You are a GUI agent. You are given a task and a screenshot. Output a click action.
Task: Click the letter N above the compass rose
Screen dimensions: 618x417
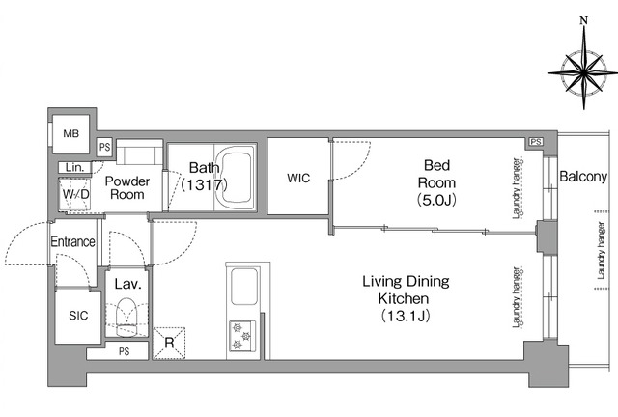click(584, 21)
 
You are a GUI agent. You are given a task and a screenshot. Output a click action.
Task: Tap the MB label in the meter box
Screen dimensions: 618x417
click(70, 134)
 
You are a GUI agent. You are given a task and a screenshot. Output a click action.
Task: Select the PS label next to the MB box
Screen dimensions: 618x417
click(105, 147)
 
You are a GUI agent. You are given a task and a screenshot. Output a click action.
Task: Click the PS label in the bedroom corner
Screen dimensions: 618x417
click(535, 142)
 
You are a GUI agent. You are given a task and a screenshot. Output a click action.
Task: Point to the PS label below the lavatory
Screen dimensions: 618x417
click(125, 351)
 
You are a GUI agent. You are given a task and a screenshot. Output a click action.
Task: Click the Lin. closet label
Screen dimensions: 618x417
click(75, 167)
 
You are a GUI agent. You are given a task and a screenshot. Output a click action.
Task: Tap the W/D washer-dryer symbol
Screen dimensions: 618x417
click(75, 194)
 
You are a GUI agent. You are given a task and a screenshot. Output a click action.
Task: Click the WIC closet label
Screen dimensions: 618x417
click(298, 178)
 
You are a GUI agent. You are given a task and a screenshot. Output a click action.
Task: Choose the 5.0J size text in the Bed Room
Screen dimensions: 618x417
click(436, 201)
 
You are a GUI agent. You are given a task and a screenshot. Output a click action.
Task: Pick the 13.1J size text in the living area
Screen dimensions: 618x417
click(406, 316)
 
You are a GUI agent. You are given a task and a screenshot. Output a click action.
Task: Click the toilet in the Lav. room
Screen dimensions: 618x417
click(126, 317)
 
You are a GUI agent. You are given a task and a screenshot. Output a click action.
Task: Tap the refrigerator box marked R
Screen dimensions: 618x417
click(169, 343)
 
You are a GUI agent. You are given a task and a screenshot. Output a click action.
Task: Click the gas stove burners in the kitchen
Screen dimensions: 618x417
click(242, 336)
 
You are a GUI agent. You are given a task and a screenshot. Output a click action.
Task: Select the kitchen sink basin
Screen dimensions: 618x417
click(244, 287)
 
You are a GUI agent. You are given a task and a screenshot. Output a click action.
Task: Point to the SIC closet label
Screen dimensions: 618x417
click(78, 316)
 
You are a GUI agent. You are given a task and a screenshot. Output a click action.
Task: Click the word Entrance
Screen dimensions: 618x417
click(73, 241)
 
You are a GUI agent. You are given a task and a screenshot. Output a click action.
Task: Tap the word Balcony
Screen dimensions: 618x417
click(583, 177)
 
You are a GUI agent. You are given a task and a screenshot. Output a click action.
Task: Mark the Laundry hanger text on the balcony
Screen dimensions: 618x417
click(601, 251)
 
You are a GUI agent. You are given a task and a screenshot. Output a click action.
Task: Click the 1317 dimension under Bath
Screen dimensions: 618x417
click(204, 184)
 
